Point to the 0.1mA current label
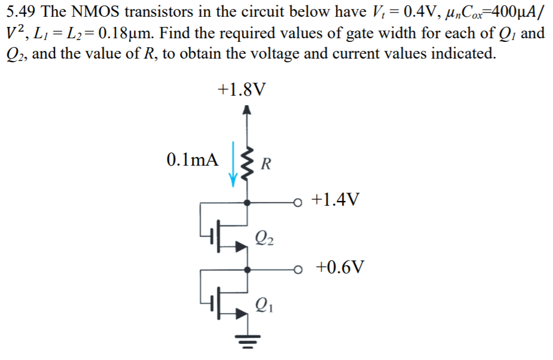193,159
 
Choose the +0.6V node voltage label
339,266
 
